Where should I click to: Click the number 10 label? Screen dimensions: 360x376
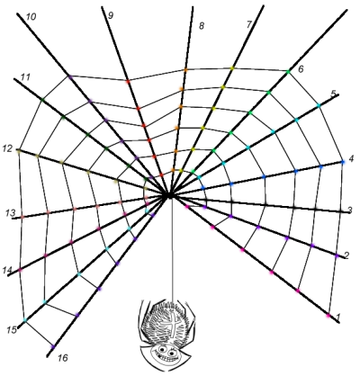pyautogui.click(x=31, y=17)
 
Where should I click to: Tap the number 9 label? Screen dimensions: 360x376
pyautogui.click(x=111, y=15)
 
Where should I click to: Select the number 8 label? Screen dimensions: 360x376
pyautogui.click(x=202, y=26)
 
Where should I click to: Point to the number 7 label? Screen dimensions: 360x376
pyautogui.click(x=248, y=24)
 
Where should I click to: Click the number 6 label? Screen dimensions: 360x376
pyautogui.click(x=301, y=69)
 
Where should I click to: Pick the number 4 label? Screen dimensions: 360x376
pyautogui.click(x=351, y=158)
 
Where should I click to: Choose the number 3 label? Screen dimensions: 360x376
pyautogui.click(x=350, y=210)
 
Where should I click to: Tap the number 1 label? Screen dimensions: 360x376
pyautogui.click(x=338, y=317)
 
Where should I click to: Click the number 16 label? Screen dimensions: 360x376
pyautogui.click(x=63, y=358)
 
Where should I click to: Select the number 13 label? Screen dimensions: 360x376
pyautogui.click(x=10, y=213)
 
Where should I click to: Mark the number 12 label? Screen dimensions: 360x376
pyautogui.click(x=7, y=148)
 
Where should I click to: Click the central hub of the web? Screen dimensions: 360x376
pyautogui.click(x=169, y=196)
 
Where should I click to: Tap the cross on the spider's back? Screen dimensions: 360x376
pyautogui.click(x=174, y=324)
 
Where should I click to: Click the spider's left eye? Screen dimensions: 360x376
pyautogui.click(x=162, y=350)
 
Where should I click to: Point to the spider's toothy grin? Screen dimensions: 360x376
pyautogui.click(x=165, y=358)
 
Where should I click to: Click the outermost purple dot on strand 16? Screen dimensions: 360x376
pyautogui.click(x=53, y=346)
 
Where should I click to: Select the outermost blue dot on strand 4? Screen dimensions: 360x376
pyautogui.click(x=343, y=162)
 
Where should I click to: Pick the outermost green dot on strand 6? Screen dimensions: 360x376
pyautogui.click(x=288, y=72)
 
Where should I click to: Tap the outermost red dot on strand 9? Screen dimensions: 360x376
pyautogui.click(x=128, y=81)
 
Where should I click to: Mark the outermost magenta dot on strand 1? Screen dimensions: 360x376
pyautogui.click(x=328, y=316)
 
